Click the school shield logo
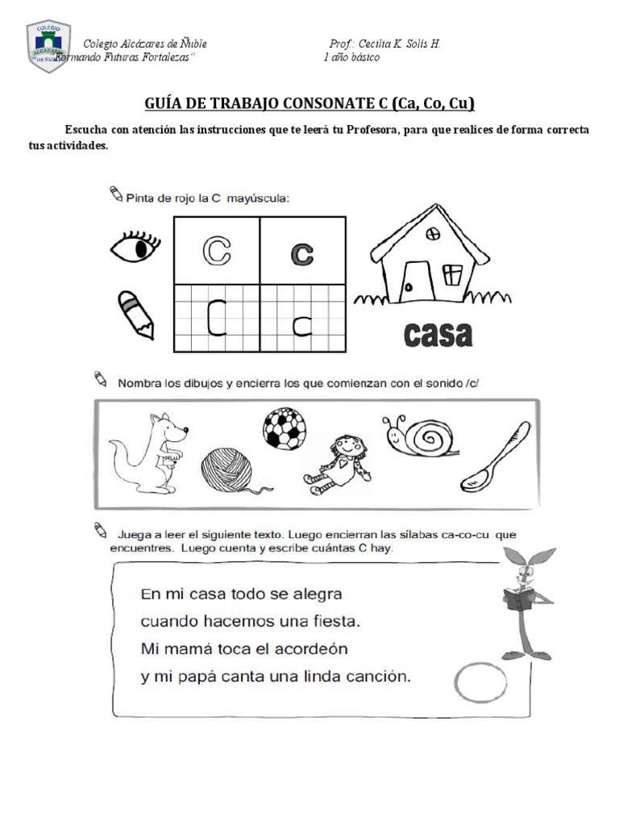48,47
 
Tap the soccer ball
284,428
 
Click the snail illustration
420,436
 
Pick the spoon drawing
495,457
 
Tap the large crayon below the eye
135,314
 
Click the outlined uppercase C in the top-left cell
215,251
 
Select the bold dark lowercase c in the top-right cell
301,253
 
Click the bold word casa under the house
434,335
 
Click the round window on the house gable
433,234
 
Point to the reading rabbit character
526,601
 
